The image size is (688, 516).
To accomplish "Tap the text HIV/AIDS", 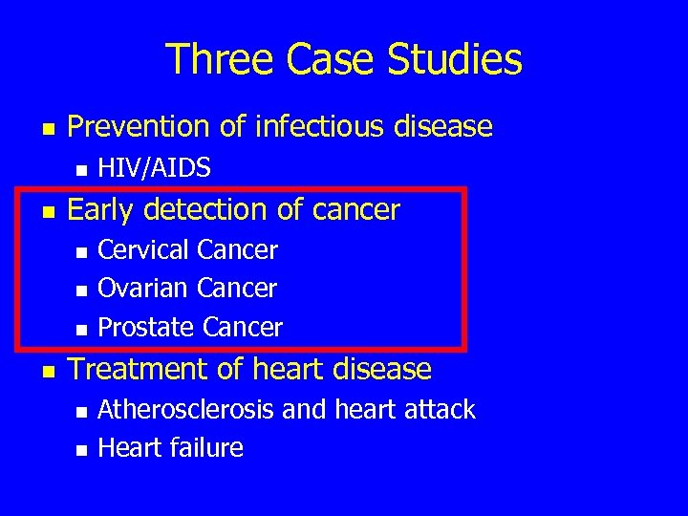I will pos(155,168).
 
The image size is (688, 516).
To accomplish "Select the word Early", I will pos(100,209).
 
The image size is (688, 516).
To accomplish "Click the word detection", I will pos(212,209).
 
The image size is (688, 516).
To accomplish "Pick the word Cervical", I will pos(144,250).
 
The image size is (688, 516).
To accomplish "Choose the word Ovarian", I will pos(143,288).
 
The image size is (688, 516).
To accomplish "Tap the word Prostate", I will pos(147,328).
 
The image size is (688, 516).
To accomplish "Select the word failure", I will pos(208,447).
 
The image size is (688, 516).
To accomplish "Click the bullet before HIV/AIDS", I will pos(81,170).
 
